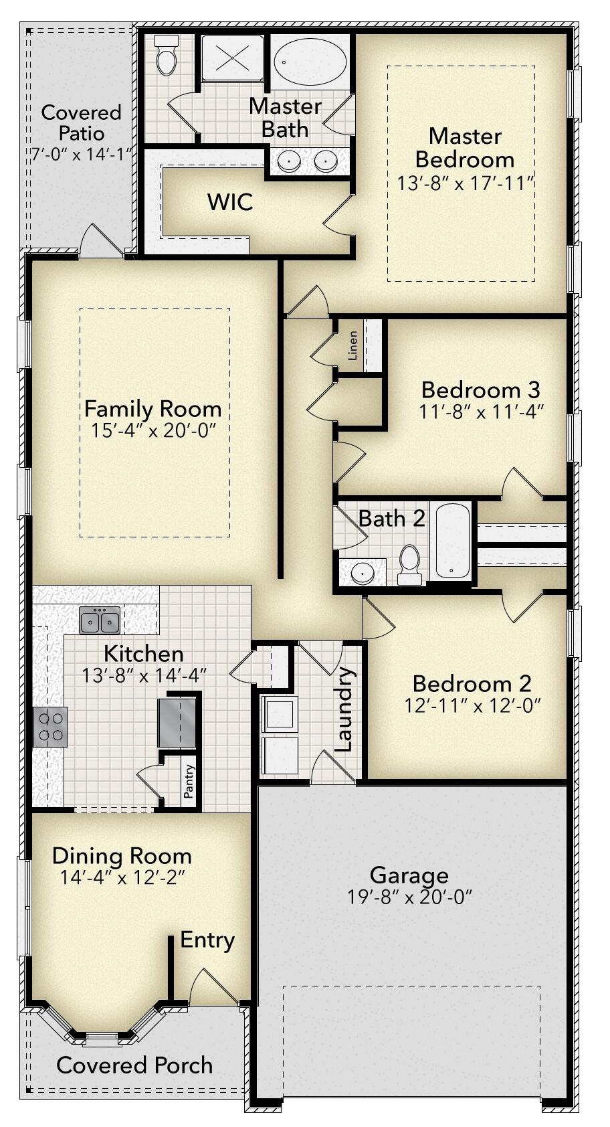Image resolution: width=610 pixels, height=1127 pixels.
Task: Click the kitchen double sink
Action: (x=100, y=620)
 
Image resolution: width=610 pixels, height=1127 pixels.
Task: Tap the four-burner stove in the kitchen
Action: (x=50, y=726)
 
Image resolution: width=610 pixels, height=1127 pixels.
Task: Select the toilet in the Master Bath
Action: (x=166, y=55)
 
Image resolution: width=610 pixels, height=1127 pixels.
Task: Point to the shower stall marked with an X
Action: (x=232, y=58)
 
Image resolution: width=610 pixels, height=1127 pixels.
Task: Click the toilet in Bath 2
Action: (x=409, y=564)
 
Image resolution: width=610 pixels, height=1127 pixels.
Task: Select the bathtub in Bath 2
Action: (x=452, y=541)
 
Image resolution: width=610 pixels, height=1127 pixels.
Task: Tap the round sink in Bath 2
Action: (x=362, y=573)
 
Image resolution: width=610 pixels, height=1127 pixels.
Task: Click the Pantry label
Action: (x=189, y=780)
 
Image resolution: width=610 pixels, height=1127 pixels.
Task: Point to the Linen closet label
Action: (x=353, y=345)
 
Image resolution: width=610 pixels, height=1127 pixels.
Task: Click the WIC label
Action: (x=230, y=201)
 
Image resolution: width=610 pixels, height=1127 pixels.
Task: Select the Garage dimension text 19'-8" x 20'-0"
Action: (x=409, y=897)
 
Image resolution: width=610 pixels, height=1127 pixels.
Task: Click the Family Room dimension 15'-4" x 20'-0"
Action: (x=152, y=430)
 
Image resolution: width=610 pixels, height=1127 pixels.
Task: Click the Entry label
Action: (x=207, y=940)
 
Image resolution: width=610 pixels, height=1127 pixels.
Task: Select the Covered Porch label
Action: (x=134, y=1065)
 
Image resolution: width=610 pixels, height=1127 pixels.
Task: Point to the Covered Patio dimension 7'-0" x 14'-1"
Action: (x=81, y=154)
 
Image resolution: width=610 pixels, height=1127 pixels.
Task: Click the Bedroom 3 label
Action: (x=480, y=389)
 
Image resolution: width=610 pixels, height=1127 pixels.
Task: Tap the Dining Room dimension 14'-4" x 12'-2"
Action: (x=122, y=877)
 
